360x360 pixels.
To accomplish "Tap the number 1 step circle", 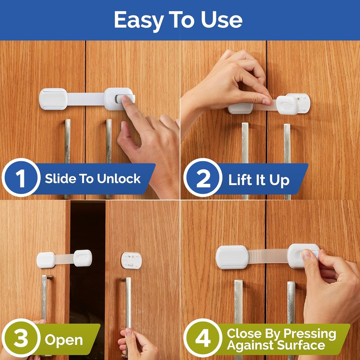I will click(x=21, y=178).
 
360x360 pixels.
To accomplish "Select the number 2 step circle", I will click(x=203, y=179).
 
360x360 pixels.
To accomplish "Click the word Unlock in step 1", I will click(x=119, y=179).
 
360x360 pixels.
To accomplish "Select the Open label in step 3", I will click(x=64, y=340).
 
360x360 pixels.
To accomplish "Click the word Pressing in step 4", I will click(x=309, y=333).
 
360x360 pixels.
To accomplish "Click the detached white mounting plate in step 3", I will click(x=131, y=261).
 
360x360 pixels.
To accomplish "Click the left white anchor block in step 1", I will click(x=53, y=99).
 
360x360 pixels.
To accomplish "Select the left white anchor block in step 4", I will click(x=232, y=257).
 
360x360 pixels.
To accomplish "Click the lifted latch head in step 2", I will click(x=287, y=105).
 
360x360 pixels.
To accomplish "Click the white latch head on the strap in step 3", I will click(x=83, y=258).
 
